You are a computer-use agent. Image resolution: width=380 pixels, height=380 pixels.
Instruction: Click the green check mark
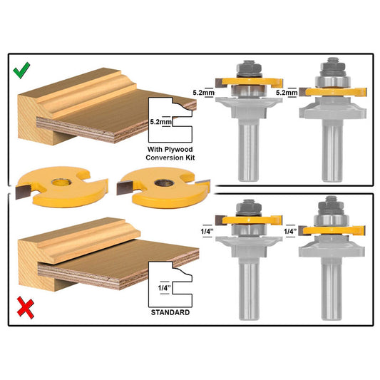tap(22, 71)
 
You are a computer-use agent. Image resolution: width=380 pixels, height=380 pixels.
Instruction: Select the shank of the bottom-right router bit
tap(332, 292)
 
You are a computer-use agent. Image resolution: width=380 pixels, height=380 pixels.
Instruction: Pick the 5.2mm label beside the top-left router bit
tap(203, 92)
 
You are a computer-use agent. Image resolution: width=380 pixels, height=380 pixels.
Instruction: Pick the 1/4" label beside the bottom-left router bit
tap(205, 231)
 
